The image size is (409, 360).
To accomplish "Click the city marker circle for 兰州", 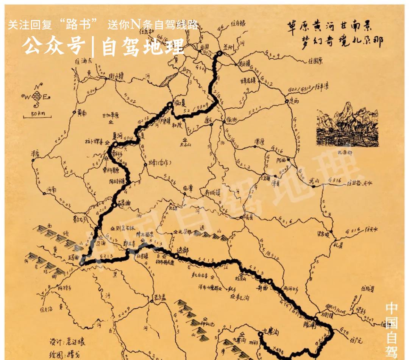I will pos(219,53).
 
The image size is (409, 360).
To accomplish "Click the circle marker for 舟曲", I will pos(269,281).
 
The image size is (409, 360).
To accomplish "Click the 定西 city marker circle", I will pos(287,101).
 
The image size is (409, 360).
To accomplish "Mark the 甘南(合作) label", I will pos(160,163).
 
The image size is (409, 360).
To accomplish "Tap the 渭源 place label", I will pos(259,142).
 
